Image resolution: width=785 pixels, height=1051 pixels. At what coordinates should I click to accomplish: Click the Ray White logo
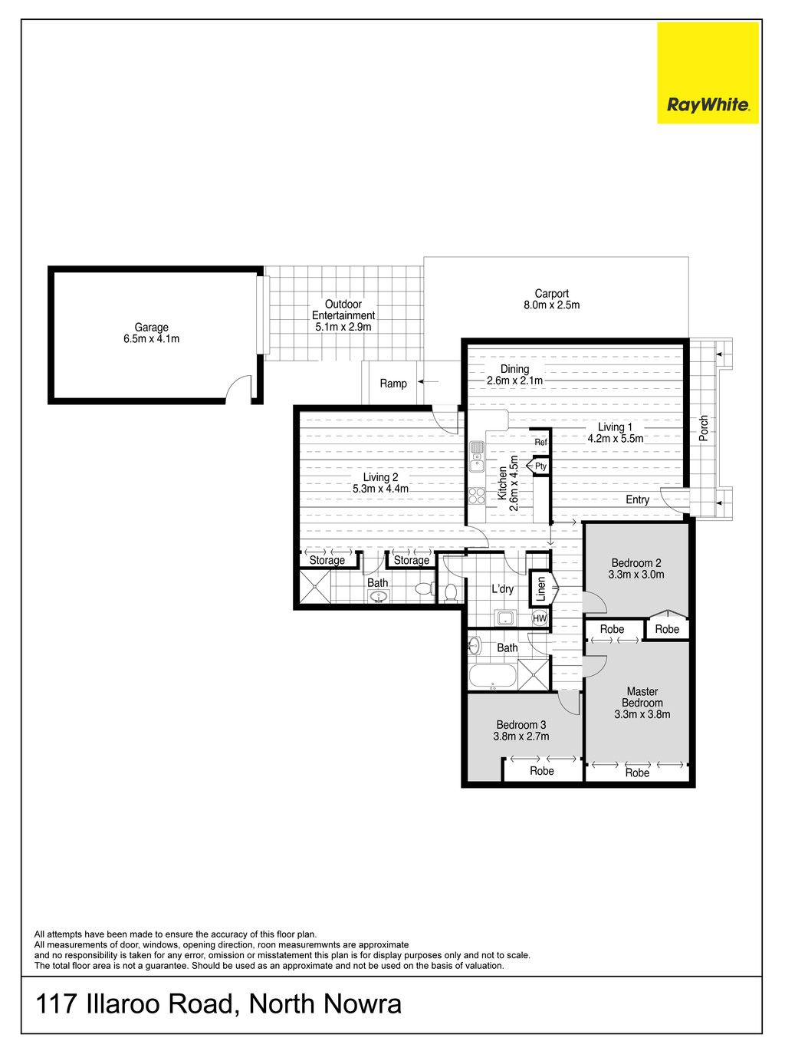pos(708,73)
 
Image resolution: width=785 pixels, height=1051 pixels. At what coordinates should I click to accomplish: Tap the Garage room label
pos(151,327)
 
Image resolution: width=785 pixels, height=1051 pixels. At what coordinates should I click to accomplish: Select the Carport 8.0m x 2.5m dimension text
pos(551,305)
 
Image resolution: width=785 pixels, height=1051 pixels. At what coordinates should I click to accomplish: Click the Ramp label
pos(393,383)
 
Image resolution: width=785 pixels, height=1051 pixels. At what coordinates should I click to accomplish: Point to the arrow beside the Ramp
pos(428,381)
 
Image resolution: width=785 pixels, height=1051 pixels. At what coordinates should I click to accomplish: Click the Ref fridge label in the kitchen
pos(540,442)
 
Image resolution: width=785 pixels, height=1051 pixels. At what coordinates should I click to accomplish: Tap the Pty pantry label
pos(540,466)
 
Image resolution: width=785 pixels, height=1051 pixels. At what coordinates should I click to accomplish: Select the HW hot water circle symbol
pos(540,618)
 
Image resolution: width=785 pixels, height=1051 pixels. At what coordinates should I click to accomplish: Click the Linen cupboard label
pos(541,589)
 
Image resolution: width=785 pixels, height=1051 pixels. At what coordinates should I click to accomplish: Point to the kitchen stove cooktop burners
pos(477,496)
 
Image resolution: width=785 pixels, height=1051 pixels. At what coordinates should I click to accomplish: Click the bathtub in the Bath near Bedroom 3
pos(493,677)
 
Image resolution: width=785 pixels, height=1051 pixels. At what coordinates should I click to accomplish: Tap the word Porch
pos(703,428)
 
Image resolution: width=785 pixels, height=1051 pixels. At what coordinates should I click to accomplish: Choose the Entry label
pos(637,499)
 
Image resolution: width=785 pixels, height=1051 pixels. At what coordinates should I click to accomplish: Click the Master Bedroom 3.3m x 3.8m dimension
pos(642,714)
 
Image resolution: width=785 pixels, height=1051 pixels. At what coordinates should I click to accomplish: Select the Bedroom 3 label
pos(521,724)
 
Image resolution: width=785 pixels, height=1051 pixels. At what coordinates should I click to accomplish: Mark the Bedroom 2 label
pos(636,562)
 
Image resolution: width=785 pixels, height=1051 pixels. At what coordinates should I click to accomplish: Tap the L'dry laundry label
pos(502,589)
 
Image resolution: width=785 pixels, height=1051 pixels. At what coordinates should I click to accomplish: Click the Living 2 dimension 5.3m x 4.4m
pos(380,489)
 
